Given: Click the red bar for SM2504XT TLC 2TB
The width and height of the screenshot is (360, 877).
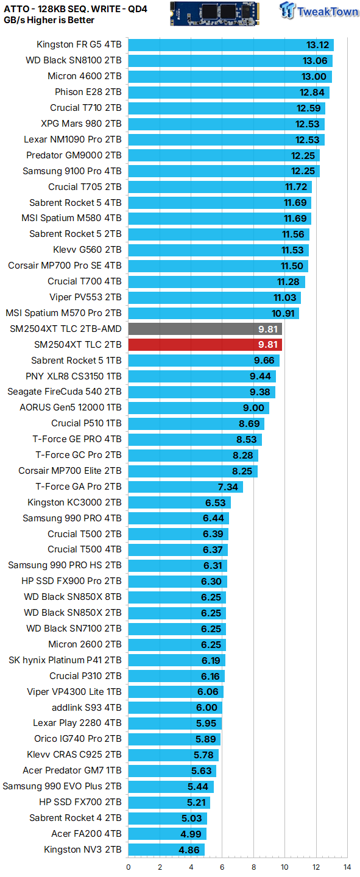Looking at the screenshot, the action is tap(205, 345).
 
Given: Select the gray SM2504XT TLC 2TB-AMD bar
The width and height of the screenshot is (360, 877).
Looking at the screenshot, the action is tap(205, 329).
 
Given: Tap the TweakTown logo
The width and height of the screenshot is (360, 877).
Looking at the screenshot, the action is tap(319, 11).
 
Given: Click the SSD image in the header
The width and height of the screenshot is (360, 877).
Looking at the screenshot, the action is tap(214, 13).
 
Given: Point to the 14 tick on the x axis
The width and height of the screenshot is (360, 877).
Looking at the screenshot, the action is tap(347, 867).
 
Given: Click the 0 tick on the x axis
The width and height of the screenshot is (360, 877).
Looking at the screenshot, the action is tap(129, 867).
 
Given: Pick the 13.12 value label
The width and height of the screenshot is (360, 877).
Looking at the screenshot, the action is tap(318, 45).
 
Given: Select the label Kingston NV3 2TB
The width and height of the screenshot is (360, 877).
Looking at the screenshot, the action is tap(83, 849).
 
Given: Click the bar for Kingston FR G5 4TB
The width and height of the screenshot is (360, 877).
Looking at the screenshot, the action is tap(231, 45).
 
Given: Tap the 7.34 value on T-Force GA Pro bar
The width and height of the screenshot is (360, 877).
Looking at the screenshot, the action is tap(228, 487).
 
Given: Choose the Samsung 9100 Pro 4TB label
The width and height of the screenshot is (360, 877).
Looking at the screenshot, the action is tap(72, 171).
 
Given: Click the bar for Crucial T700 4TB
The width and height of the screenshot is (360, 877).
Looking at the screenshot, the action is tap(217, 281).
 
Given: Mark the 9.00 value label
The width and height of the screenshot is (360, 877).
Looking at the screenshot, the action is tap(253, 407).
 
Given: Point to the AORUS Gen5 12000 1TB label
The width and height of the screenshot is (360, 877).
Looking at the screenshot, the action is tap(71, 407).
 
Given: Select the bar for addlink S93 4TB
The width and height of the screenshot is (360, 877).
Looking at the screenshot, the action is tap(175, 708).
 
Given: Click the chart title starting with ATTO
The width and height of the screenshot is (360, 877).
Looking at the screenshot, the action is tap(76, 9).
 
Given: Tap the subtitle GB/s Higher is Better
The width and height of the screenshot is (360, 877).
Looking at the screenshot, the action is tap(49, 20).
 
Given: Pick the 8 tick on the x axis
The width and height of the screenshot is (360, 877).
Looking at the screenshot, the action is tap(253, 867).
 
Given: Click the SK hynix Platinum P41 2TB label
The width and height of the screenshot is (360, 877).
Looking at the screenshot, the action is tap(65, 660).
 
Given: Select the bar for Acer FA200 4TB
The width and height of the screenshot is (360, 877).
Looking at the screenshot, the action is tap(168, 834).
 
